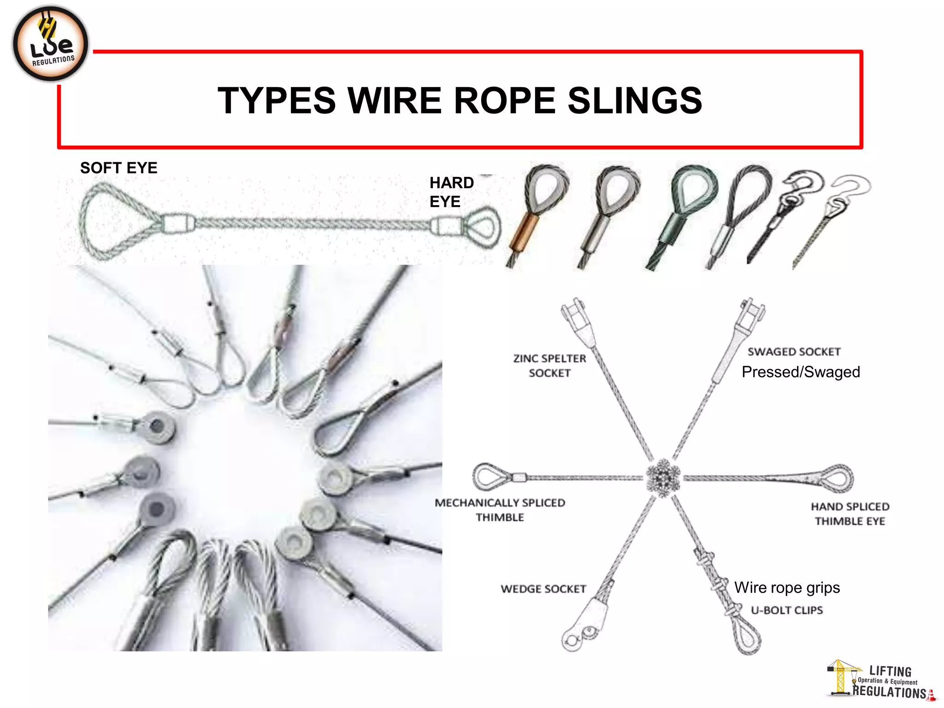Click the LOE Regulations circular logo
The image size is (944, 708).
(x=51, y=44)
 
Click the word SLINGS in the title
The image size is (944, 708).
(x=635, y=100)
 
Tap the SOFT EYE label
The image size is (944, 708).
(x=118, y=168)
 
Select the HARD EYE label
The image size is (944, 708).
(x=451, y=192)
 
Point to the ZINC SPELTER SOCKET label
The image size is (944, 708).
(x=549, y=366)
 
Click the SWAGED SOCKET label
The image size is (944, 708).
(x=794, y=352)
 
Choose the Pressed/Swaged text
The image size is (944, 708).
(x=801, y=372)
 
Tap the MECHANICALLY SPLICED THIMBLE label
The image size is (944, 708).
(x=500, y=510)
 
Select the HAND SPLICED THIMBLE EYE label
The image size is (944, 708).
(x=850, y=513)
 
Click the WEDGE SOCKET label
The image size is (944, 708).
(x=543, y=589)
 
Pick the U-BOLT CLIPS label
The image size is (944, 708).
(x=786, y=610)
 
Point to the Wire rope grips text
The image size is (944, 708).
(x=787, y=588)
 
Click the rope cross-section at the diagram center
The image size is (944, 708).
(x=663, y=478)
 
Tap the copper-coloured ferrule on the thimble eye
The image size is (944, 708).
(x=524, y=230)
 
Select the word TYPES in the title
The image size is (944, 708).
(x=277, y=100)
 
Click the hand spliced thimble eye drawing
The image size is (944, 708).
(x=834, y=478)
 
